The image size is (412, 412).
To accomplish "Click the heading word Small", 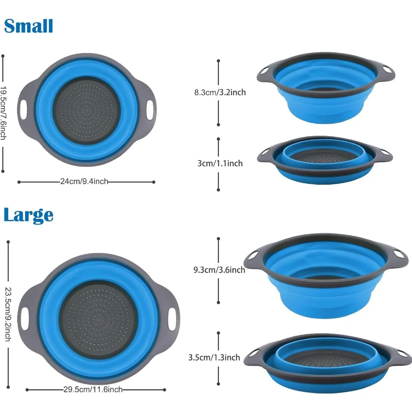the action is tap(28, 26).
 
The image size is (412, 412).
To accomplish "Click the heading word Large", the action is tap(28, 215).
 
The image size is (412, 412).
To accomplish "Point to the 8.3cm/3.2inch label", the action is tap(220, 92).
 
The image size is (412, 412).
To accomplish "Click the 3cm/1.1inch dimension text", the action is tap(220, 164).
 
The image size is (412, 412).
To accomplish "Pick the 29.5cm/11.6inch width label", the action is tap(93, 389).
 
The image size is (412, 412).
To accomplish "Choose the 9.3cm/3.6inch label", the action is tap(219, 270).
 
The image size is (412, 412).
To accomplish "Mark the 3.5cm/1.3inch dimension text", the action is tap(214, 358).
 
